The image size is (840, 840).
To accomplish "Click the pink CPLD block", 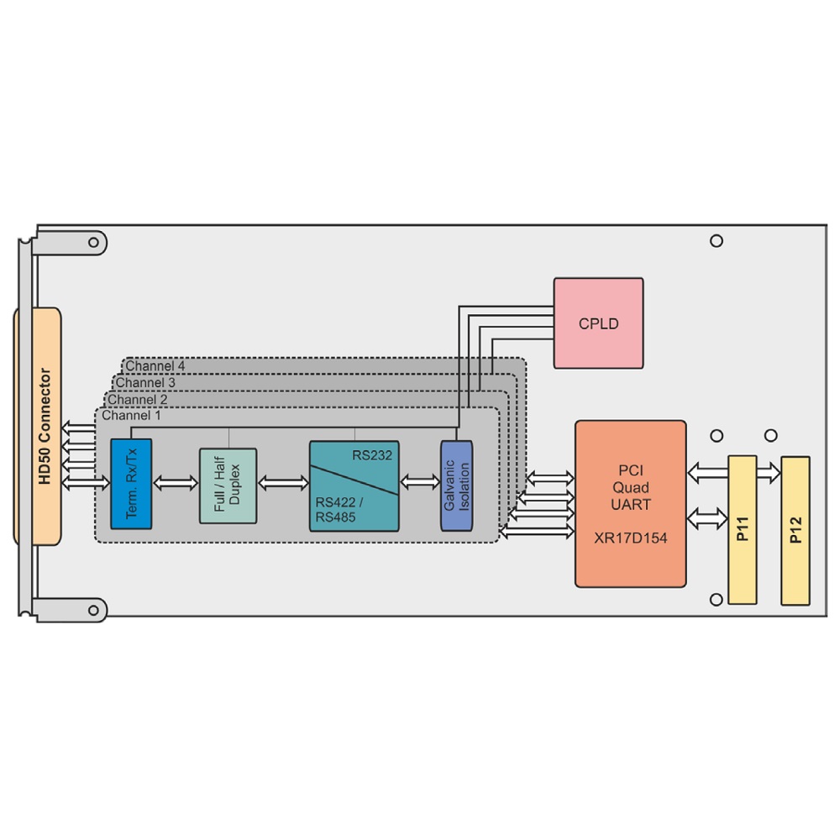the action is tap(598, 323).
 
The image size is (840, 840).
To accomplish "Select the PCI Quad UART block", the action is tap(631, 503).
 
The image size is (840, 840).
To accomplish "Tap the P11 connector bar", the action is tap(743, 530).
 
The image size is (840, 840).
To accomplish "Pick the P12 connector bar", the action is tap(795, 530).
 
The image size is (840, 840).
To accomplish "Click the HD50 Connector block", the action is tap(38, 427).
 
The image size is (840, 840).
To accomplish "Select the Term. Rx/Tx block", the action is tap(131, 484).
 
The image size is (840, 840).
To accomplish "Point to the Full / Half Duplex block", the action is tap(228, 486).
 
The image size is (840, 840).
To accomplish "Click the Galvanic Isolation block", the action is tap(456, 486).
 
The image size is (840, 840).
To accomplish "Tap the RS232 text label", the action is tap(372, 455).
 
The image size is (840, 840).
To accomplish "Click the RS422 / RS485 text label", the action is tap(339, 510).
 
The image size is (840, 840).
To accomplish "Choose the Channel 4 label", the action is tap(155, 366).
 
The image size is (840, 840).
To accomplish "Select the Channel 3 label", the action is tap(145, 382).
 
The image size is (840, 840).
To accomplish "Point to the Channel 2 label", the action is tap(137, 400).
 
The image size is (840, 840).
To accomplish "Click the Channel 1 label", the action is tap(131, 415).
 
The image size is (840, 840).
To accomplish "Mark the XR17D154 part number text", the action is tap(631, 538).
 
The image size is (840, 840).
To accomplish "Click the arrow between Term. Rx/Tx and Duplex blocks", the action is tap(176, 483).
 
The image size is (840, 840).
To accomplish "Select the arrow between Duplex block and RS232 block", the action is tap(283, 483).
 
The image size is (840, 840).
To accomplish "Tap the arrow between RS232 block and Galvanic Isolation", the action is tap(420, 482).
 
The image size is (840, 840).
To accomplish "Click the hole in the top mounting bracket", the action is tap(94, 242).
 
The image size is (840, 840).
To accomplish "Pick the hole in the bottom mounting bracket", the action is tap(94, 610).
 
